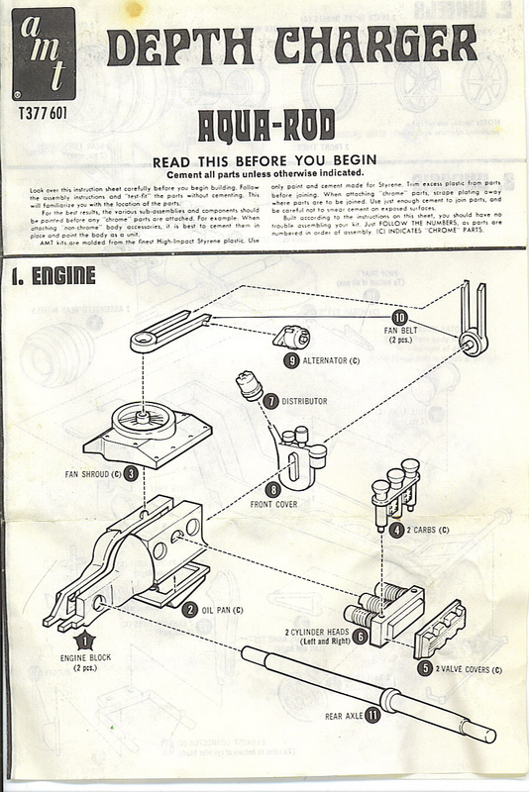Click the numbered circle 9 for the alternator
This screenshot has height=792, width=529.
(x=291, y=361)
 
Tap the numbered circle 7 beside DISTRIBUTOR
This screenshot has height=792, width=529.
(x=271, y=400)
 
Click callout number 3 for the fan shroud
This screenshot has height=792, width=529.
(x=144, y=473)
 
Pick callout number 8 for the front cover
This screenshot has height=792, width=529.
(x=272, y=488)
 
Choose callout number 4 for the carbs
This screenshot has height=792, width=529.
(x=395, y=529)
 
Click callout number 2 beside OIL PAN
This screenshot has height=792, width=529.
(x=189, y=610)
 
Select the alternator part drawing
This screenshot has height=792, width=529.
(x=290, y=338)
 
